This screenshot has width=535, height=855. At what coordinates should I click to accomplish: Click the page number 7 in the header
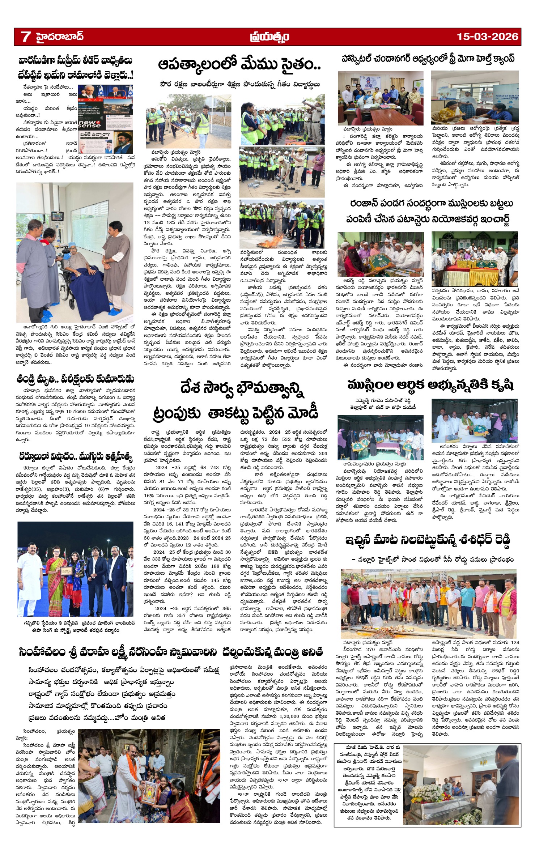point(25,37)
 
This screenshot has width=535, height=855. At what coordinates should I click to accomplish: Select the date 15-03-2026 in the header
point(487,37)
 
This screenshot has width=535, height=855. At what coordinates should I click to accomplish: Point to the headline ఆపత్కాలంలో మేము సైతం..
point(239,65)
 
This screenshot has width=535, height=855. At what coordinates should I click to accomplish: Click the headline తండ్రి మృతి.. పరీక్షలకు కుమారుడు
point(75,379)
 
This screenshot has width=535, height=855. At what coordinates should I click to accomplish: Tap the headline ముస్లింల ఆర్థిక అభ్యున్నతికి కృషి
point(430,386)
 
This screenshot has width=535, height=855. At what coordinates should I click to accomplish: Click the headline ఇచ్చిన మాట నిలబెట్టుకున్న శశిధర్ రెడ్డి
point(428,541)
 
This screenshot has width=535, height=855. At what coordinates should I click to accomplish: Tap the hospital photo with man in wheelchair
point(75,252)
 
